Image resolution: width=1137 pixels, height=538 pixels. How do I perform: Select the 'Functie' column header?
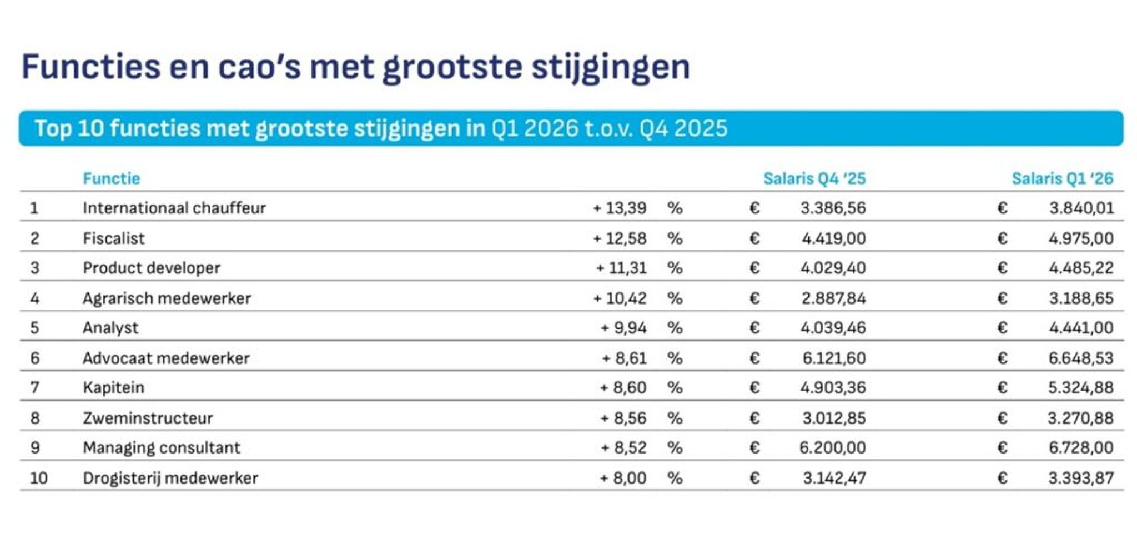(x=111, y=178)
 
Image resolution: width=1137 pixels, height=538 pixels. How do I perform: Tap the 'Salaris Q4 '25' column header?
(x=814, y=178)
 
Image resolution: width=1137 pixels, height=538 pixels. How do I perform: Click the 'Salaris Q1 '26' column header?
(x=1062, y=178)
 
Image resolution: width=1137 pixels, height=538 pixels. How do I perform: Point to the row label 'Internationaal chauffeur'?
(x=174, y=208)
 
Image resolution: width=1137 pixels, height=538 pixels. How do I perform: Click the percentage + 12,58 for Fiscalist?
(x=620, y=238)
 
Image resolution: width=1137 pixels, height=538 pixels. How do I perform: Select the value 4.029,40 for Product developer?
(x=833, y=268)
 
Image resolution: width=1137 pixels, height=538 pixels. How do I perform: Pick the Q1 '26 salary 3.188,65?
(x=1081, y=298)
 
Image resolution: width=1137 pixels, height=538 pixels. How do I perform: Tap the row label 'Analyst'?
(x=110, y=328)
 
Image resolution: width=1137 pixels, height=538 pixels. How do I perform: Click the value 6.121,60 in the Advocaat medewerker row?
(x=834, y=358)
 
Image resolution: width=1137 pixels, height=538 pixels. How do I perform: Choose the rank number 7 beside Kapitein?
(x=34, y=387)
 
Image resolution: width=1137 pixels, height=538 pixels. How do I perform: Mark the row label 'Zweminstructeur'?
(x=148, y=418)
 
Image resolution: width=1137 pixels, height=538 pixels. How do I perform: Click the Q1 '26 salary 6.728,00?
(x=1081, y=447)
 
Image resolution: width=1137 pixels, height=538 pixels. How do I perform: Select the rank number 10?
(x=38, y=478)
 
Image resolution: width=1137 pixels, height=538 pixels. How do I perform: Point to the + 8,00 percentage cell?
(x=623, y=478)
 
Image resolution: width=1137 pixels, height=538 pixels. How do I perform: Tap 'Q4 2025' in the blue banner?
(x=683, y=128)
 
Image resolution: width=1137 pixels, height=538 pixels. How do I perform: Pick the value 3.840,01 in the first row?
(x=1081, y=208)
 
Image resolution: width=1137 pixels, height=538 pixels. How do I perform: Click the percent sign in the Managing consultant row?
(x=675, y=447)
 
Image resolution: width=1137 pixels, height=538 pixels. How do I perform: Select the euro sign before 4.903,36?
(x=754, y=387)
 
